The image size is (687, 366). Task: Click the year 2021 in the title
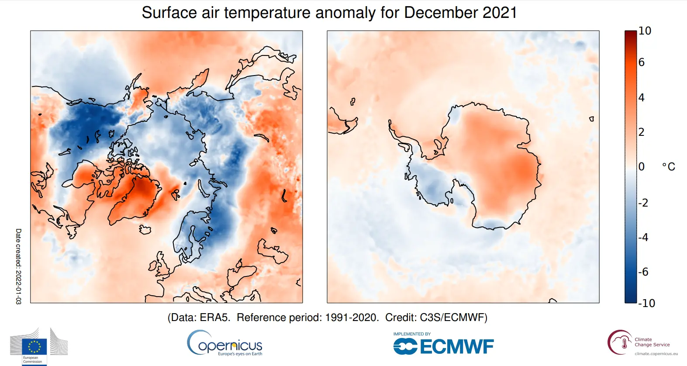coord(500,13)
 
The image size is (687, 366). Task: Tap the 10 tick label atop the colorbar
coord(645,31)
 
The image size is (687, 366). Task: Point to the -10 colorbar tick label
coord(646,303)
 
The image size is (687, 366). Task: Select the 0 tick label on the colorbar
coord(641,167)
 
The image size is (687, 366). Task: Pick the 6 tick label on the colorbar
coord(641,62)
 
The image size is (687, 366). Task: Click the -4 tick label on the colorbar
coord(643,238)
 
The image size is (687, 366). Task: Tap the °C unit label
coord(668,167)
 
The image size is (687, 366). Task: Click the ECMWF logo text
coord(456,347)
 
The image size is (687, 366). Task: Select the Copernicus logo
coord(225,344)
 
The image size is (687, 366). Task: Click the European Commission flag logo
coord(35,347)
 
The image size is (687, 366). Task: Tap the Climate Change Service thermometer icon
coord(624,343)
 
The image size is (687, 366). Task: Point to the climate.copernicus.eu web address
coord(656,354)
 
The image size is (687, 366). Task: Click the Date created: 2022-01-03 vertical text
coord(18,266)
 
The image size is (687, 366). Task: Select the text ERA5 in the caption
coord(214,318)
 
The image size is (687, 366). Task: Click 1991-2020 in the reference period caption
coord(352,318)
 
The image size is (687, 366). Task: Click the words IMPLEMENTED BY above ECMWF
coord(412,334)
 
